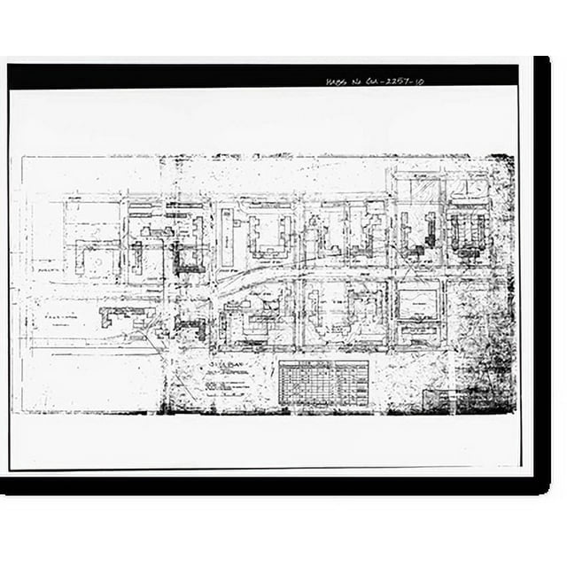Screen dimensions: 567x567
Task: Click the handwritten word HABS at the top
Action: coord(338,81)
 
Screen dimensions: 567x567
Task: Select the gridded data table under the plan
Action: coord(322,383)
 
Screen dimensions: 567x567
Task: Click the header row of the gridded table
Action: coord(322,364)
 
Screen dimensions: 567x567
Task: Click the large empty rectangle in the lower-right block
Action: coord(417,304)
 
